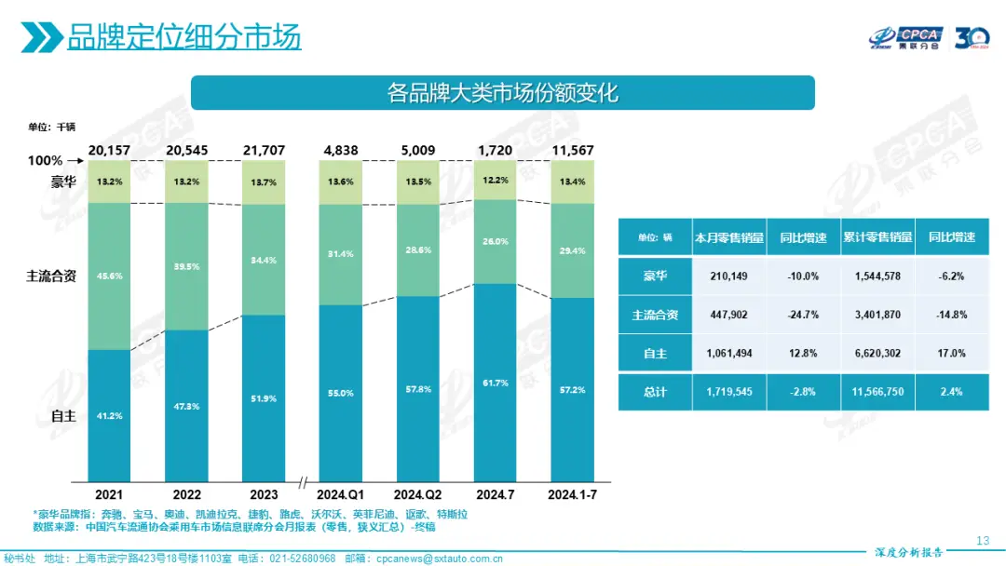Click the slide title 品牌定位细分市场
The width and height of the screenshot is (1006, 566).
click(x=184, y=38)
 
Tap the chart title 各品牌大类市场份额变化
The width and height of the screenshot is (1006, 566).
click(x=502, y=93)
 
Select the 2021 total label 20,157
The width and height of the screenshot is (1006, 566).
click(x=109, y=150)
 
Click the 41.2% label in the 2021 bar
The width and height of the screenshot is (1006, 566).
click(x=109, y=415)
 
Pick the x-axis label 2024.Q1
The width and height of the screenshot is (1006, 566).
click(x=341, y=493)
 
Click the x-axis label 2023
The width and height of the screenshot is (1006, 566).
click(x=264, y=493)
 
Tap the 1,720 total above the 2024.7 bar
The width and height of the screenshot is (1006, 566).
click(x=495, y=150)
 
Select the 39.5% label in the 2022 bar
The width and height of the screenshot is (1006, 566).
click(x=186, y=266)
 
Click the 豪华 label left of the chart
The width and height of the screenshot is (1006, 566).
click(x=64, y=182)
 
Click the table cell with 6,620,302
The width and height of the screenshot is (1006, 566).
click(x=877, y=354)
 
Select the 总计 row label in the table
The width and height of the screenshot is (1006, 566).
click(x=655, y=392)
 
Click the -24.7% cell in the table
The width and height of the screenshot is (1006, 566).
click(x=803, y=315)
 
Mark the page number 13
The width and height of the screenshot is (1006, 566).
click(x=982, y=541)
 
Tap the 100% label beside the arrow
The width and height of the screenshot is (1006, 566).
click(x=44, y=161)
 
